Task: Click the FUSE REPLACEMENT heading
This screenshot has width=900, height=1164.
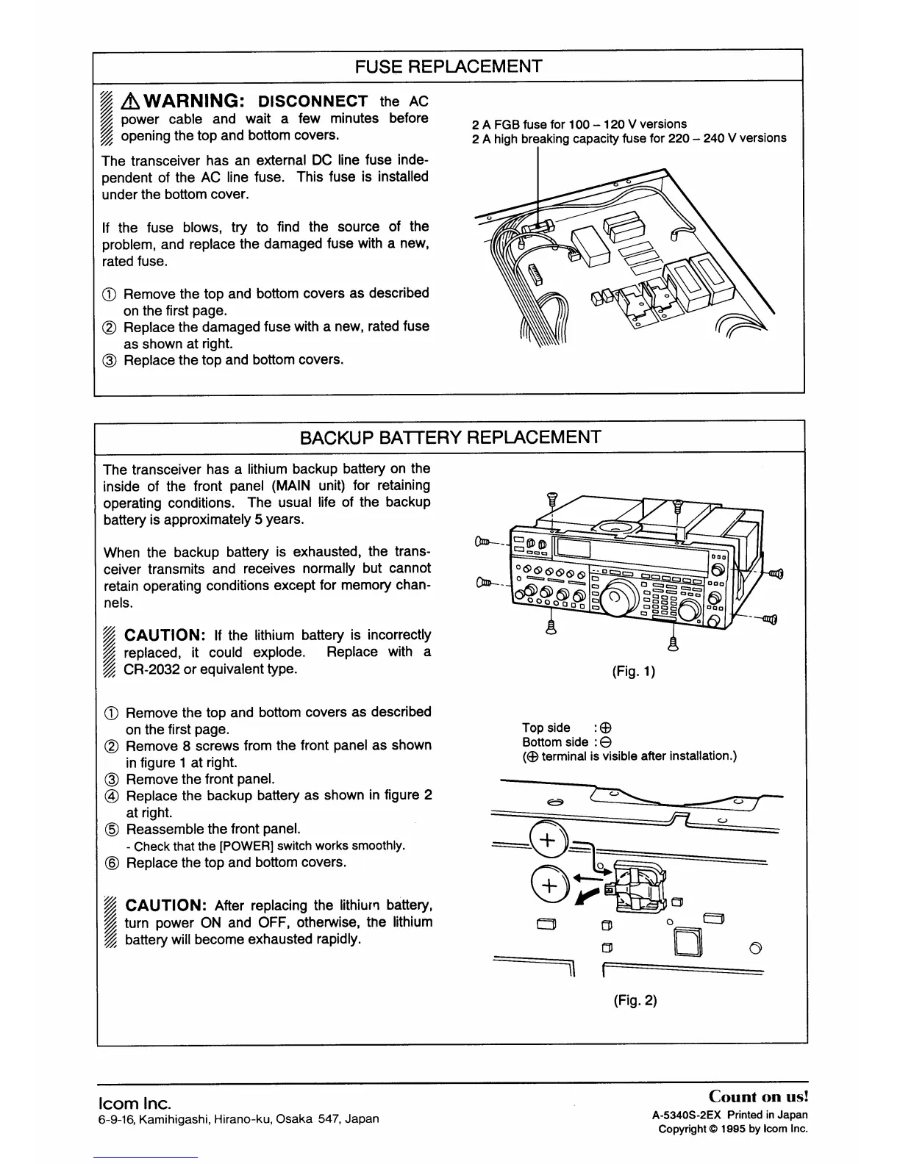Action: [449, 66]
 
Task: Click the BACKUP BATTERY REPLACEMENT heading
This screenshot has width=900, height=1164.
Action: [450, 437]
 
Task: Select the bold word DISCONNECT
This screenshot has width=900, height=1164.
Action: [314, 101]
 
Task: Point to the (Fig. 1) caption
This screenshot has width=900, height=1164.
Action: [634, 671]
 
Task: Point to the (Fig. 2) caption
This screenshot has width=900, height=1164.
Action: [635, 1000]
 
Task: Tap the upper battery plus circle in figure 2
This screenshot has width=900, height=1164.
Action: [548, 839]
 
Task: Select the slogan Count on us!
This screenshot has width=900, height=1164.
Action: [758, 1096]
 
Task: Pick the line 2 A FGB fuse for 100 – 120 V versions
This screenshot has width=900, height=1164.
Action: [579, 123]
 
